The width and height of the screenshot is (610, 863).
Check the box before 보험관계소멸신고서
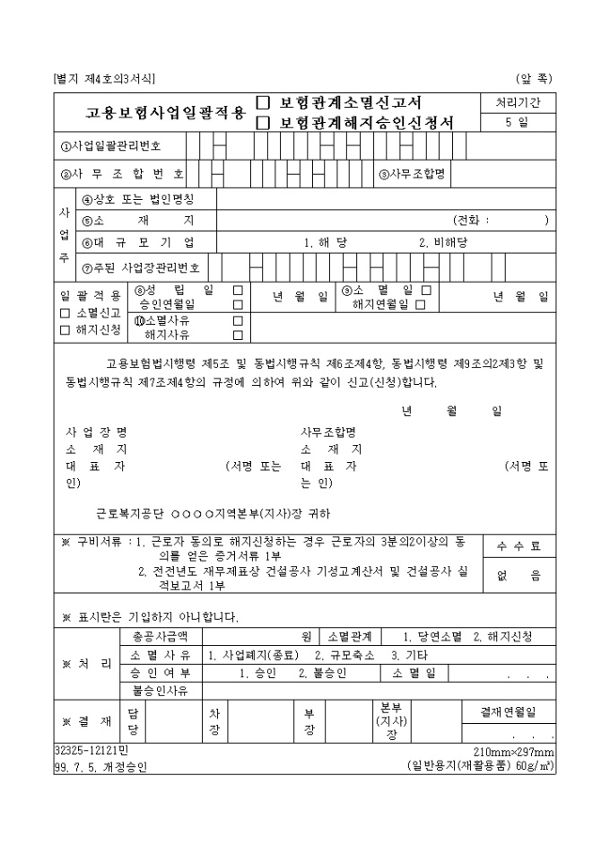click(x=264, y=102)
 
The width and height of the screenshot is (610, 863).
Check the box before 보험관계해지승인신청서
click(x=264, y=121)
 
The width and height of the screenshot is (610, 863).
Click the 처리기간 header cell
click(x=518, y=102)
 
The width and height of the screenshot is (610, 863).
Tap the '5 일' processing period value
click(x=518, y=122)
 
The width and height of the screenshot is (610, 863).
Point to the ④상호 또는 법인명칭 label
click(x=137, y=199)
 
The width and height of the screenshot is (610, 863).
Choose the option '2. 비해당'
click(x=443, y=242)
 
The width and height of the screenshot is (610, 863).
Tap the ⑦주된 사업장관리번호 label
click(x=141, y=266)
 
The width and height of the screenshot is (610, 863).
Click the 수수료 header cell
click(x=518, y=545)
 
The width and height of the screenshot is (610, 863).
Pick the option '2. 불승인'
click(x=323, y=673)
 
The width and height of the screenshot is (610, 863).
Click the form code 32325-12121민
click(x=92, y=751)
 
